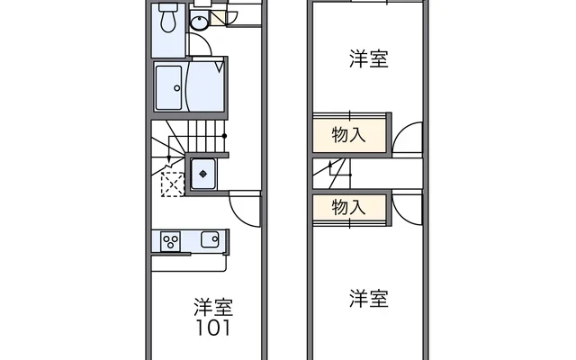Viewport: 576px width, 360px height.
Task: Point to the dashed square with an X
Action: tap(171, 184)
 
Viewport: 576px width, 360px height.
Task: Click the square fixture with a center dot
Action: tap(203, 173)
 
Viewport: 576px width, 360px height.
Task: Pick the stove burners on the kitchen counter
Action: tap(170, 240)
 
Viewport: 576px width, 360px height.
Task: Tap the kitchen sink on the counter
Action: tap(210, 239)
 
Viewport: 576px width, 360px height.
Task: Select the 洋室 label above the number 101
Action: tap(212, 306)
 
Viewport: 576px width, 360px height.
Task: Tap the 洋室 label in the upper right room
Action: tap(369, 60)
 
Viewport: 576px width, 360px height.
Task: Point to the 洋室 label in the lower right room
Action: tap(369, 299)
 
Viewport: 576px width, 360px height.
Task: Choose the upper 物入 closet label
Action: tap(349, 135)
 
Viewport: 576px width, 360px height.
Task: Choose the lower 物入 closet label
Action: tap(349, 207)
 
